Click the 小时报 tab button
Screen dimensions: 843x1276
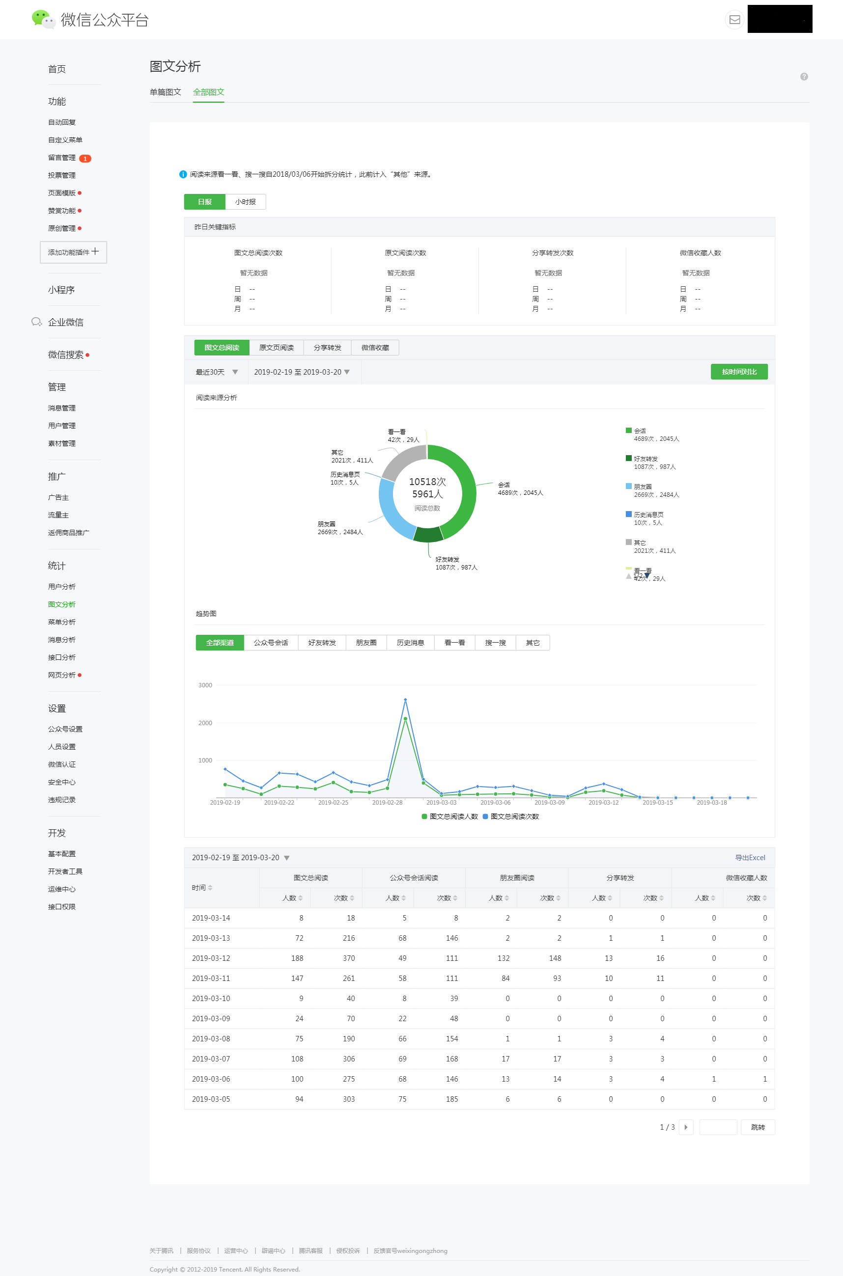245,201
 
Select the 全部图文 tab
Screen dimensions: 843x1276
209,92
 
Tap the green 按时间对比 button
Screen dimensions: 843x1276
739,372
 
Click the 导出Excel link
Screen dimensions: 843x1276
750,858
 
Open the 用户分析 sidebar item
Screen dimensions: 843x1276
62,587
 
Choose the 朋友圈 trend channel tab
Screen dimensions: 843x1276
366,643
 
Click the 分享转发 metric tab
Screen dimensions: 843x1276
327,348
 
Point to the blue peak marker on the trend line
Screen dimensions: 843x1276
405,700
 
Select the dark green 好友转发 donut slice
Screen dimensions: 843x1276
428,535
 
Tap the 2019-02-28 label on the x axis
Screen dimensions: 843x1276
387,803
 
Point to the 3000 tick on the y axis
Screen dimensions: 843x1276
205,685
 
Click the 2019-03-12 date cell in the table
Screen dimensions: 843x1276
211,958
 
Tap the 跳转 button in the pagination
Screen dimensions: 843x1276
758,1127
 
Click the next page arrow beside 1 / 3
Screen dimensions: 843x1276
686,1127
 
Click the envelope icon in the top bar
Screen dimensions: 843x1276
734,20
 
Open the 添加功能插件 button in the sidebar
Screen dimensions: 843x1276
73,252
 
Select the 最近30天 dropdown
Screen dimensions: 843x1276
216,372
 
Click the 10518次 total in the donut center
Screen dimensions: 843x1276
427,482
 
